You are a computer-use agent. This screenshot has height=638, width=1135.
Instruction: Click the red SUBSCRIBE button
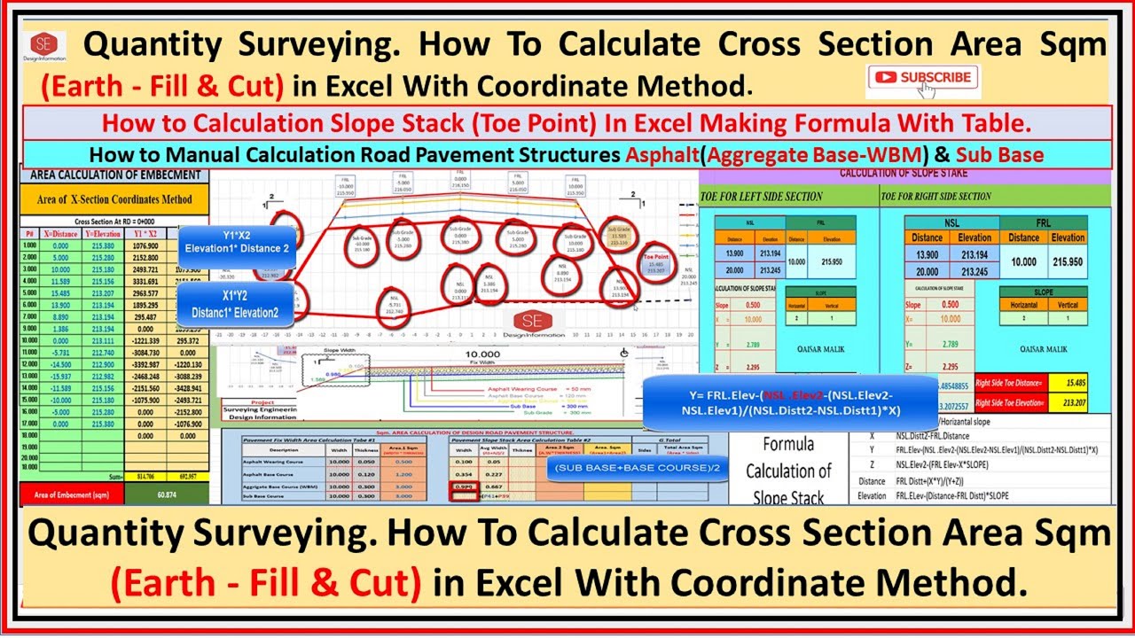click(x=922, y=77)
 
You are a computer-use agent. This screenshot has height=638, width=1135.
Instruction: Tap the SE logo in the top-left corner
click(x=42, y=50)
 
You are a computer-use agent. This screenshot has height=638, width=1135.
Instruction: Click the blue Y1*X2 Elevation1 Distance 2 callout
click(x=237, y=242)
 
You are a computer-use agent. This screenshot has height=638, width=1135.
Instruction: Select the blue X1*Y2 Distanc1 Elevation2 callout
click(x=237, y=305)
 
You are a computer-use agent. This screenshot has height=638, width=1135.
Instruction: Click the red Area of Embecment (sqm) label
click(x=71, y=494)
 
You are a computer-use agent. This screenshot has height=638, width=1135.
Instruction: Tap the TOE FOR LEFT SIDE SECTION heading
click(x=762, y=196)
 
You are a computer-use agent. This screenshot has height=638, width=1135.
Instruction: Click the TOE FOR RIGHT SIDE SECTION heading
click(x=935, y=196)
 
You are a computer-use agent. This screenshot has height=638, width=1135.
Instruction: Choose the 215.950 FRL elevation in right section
click(x=1068, y=262)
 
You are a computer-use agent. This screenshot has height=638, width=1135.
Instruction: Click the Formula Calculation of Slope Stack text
click(x=787, y=470)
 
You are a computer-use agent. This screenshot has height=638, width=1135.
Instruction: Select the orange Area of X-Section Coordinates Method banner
click(x=113, y=198)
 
